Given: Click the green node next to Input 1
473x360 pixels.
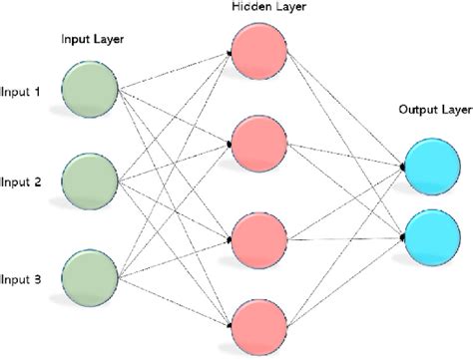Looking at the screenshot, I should click(x=89, y=91).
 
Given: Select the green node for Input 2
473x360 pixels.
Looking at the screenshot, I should click(x=89, y=181).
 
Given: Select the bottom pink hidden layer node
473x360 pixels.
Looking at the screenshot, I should click(x=259, y=324).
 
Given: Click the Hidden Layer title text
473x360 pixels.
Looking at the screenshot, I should click(x=260, y=8).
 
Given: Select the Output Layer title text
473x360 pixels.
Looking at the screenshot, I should click(x=428, y=110).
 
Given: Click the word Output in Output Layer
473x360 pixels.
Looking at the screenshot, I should click(x=412, y=110).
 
